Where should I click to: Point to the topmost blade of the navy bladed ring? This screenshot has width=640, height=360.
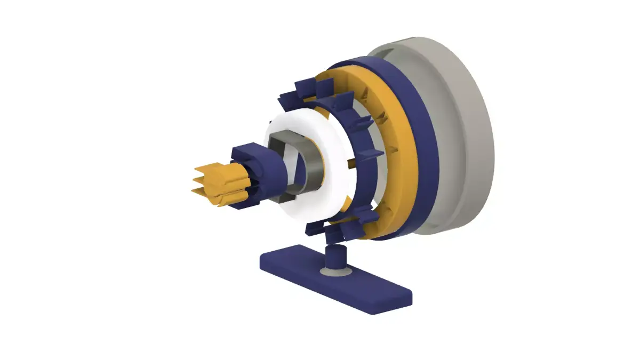(x=307, y=85)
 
